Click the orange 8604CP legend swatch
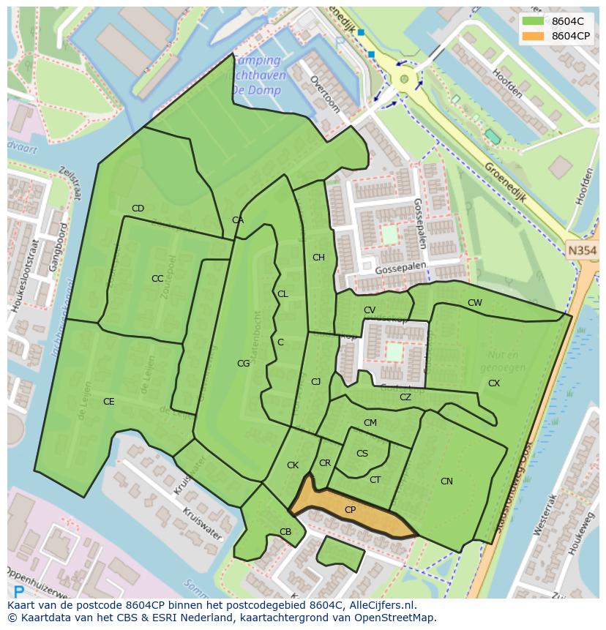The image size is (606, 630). [533, 36]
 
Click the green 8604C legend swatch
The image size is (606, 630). [533, 20]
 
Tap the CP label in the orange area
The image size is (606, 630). [350, 510]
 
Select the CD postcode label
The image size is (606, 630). [138, 209]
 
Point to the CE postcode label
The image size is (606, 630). [108, 402]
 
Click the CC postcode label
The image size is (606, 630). [157, 279]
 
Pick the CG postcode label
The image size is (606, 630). [243, 364]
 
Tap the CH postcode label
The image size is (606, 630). [318, 258]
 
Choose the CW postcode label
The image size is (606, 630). [475, 303]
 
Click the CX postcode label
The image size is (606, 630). [494, 383]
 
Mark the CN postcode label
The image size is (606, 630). [446, 481]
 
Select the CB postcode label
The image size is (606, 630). [285, 532]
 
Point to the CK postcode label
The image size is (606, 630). [293, 465]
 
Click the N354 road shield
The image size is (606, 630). [583, 251]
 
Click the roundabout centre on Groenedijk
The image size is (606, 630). [403, 79]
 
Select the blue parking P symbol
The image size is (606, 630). [18, 591]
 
